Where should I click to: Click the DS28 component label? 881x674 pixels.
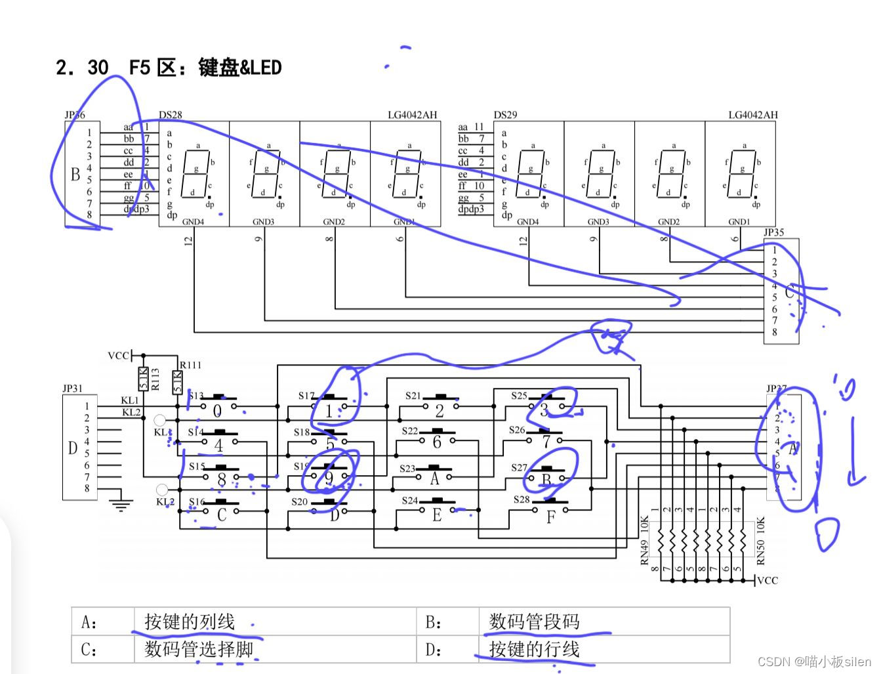click(x=171, y=115)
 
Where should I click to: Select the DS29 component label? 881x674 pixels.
click(x=505, y=115)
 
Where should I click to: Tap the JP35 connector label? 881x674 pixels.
click(x=773, y=232)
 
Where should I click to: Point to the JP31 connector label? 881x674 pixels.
click(x=72, y=389)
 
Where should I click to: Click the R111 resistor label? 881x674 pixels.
click(x=190, y=365)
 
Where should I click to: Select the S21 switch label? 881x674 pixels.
click(x=413, y=396)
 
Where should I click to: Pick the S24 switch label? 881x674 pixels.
click(x=409, y=501)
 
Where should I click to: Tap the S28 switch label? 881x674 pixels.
click(x=522, y=499)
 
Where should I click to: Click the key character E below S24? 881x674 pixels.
click(x=437, y=516)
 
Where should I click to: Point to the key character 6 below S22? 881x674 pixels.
click(x=437, y=443)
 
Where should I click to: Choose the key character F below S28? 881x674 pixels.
click(x=550, y=517)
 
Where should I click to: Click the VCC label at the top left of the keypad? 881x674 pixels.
click(x=118, y=356)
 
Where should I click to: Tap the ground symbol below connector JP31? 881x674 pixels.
click(x=120, y=505)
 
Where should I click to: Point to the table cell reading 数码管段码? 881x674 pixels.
click(x=534, y=621)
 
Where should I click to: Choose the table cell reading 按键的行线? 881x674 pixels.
click(x=534, y=650)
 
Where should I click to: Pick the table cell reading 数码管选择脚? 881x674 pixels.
click(x=199, y=650)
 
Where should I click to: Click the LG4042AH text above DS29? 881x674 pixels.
click(x=752, y=115)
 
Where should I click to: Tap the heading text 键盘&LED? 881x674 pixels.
click(x=239, y=68)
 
